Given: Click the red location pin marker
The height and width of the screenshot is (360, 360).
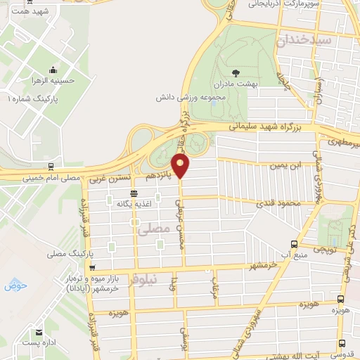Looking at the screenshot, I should point(181,167).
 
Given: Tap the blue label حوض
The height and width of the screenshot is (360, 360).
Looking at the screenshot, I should point(13,285).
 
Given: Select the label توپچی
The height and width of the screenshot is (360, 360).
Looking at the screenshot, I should point(325,249).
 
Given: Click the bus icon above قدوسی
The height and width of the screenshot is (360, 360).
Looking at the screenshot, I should point(342,343).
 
